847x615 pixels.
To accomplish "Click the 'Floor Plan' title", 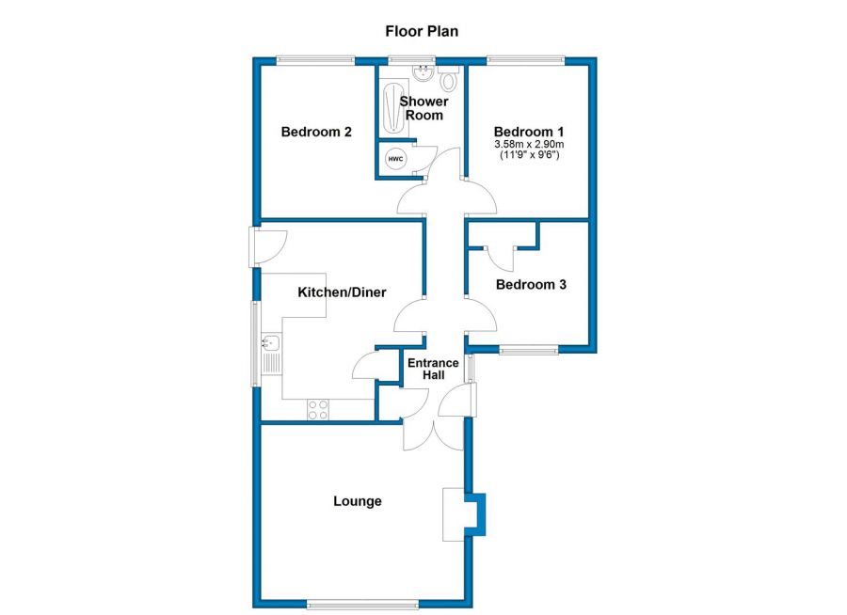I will tap(422, 31).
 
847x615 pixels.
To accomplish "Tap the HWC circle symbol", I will tap(395, 159).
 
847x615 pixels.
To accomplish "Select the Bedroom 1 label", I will tap(529, 131).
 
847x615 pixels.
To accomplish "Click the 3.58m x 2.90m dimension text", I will tap(529, 144).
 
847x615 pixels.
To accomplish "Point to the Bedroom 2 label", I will tap(316, 132).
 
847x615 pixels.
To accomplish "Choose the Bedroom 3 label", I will tap(531, 284).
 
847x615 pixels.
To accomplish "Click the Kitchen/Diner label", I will tap(342, 292).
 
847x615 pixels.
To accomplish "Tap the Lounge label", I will tap(358, 501).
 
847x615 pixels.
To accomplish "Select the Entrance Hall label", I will tap(433, 369).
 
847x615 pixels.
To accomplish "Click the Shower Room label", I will tap(423, 107).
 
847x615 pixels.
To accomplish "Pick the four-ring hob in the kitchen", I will tap(318, 409).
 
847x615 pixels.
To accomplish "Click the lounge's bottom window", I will tap(362, 603).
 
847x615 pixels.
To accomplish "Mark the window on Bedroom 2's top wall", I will tap(316, 61).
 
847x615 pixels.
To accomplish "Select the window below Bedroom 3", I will tap(528, 351).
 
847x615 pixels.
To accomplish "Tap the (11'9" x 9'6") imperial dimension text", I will tap(529, 155).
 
